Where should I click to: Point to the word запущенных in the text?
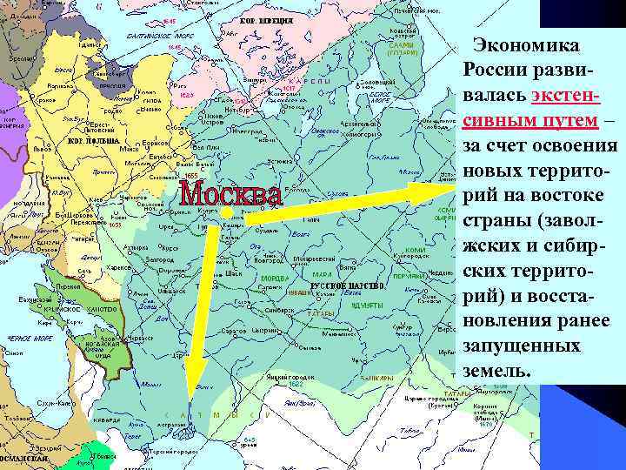[x=522, y=346]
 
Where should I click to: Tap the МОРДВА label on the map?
[x=276, y=279]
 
